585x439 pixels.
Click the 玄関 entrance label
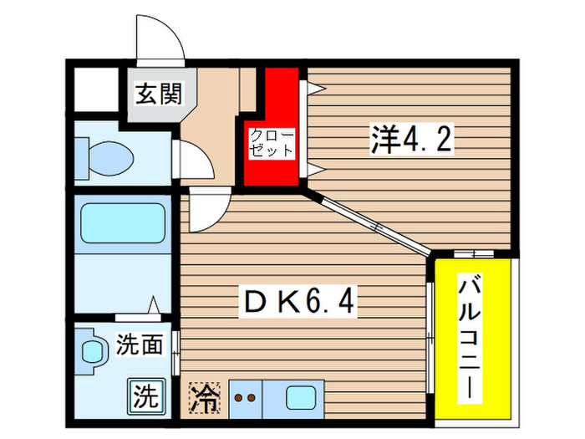(159, 94)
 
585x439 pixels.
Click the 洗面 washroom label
(140, 344)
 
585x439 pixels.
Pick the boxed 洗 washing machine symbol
(145, 396)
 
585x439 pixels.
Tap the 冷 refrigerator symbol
(204, 397)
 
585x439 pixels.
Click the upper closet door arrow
(313, 86)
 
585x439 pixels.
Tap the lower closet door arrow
(313, 169)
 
